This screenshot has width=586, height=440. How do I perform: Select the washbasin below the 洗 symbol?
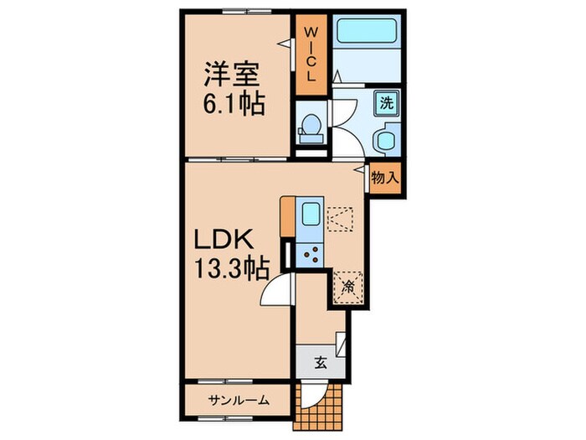pos(387,139)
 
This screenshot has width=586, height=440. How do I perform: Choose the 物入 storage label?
pos(384,178)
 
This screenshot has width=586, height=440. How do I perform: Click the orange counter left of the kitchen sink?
pos(288,216)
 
